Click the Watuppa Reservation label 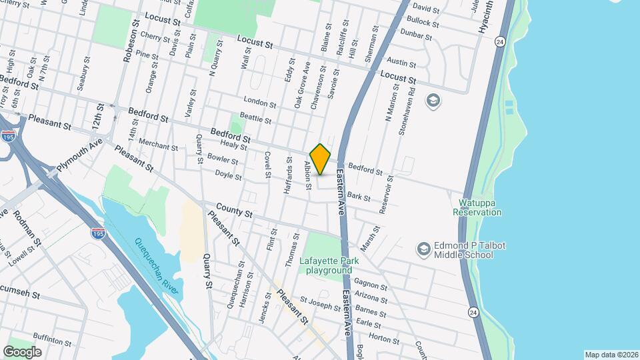pyautogui.click(x=477, y=207)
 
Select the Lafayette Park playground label pyautogui.click(x=329, y=265)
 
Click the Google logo pyautogui.click(x=22, y=351)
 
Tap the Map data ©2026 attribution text pyautogui.click(x=611, y=355)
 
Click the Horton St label pyautogui.click(x=383, y=339)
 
